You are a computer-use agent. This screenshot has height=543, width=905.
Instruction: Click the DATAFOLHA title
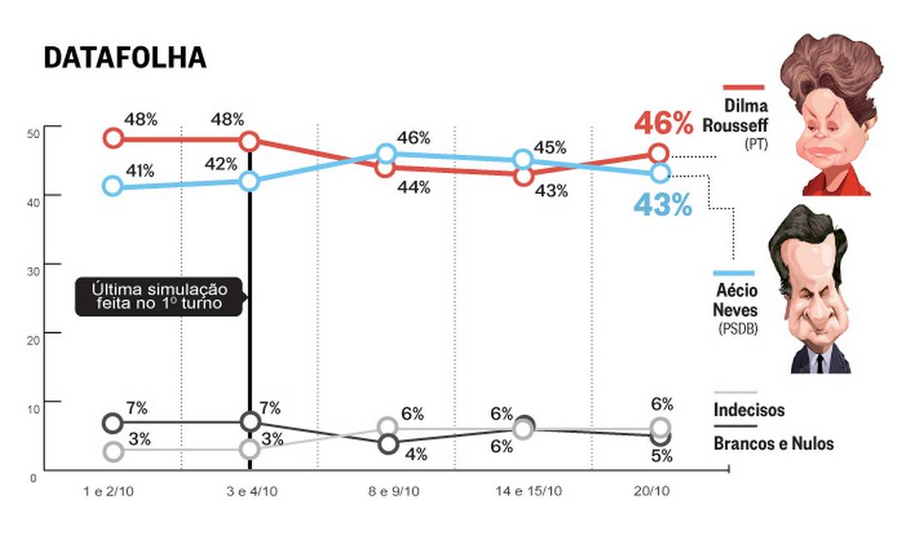coord(124,57)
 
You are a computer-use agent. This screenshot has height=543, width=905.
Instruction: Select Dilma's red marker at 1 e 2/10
coord(112,137)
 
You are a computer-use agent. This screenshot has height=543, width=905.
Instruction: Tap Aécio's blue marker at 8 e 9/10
coord(386,153)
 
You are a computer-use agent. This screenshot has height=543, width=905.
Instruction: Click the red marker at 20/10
coord(659,153)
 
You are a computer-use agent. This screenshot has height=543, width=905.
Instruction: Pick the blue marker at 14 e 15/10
coord(522,159)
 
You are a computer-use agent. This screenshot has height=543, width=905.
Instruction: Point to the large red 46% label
coord(663,123)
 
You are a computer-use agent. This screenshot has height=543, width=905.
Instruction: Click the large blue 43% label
coord(662,205)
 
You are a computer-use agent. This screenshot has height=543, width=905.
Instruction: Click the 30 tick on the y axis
coord(32,264)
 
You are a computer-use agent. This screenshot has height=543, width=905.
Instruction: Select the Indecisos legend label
coord(749,410)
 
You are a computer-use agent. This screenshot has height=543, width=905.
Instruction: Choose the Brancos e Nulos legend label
coord(773,443)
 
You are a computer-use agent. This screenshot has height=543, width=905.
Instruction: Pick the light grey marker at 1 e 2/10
coord(112,451)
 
